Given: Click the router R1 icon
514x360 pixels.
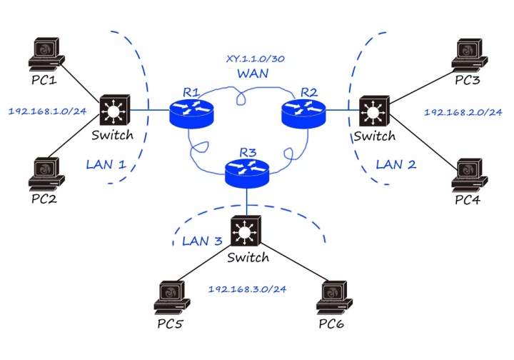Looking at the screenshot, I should [x=191, y=111].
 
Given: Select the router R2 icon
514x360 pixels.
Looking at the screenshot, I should [x=304, y=110].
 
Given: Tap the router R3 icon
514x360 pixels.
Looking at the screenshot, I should [x=246, y=172].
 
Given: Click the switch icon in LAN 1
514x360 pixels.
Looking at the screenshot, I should [x=114, y=110].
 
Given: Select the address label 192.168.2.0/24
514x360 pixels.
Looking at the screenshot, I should [x=463, y=112].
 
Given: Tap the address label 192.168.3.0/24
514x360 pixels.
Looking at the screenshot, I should [x=247, y=289].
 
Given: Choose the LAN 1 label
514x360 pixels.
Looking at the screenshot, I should [x=106, y=164].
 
